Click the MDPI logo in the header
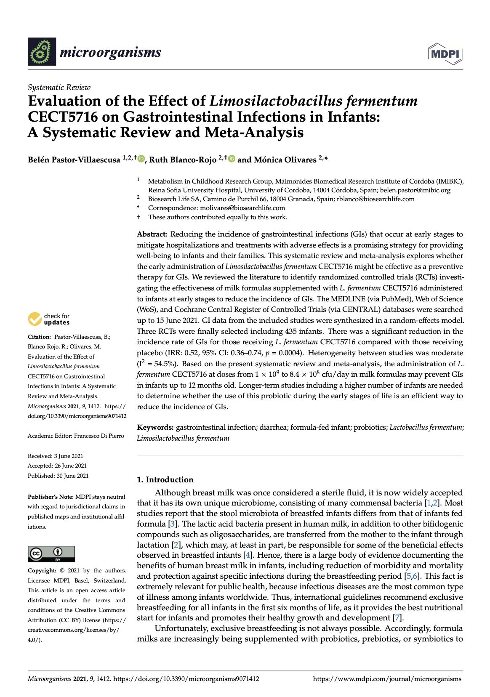click(x=445, y=53)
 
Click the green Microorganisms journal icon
click(x=42, y=52)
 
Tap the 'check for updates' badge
click(x=49, y=319)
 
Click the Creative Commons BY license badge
click(x=51, y=554)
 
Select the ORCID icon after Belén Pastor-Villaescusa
click(x=141, y=159)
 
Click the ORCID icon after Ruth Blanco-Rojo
click(x=232, y=159)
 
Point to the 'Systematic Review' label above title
click(x=59, y=88)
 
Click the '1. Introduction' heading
click(x=165, y=479)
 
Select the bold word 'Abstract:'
click(x=152, y=234)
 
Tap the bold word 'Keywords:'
click(x=155, y=427)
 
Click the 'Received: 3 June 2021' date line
click(x=55, y=456)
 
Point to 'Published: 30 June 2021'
click(x=58, y=476)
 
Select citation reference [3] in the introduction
click(x=172, y=524)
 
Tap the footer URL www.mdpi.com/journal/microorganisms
click(x=387, y=678)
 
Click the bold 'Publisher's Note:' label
click(x=51, y=497)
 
